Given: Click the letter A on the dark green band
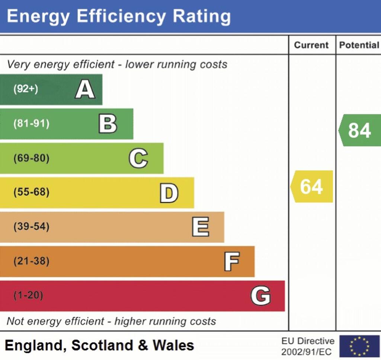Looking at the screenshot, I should tap(85, 90).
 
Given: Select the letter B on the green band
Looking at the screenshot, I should tap(108, 124).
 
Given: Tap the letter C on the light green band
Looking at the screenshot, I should tap(138, 158).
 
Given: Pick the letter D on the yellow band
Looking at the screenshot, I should tap(169, 193).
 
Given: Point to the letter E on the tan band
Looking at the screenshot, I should tap(200, 227).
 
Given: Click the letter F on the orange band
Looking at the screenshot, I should tap(231, 261).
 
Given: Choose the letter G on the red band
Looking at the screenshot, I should tap(260, 296).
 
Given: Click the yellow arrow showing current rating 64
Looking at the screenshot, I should tap(312, 187).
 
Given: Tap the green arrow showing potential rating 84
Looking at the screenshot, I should tap(359, 130).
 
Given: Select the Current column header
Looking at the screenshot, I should tap(311, 45).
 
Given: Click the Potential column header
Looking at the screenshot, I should tap(359, 45).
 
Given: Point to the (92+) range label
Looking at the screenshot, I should tap(26, 89).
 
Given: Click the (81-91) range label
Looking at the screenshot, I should tap(31, 124).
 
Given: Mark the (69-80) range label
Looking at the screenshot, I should tap(31, 158).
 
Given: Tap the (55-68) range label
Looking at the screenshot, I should tap(31, 193).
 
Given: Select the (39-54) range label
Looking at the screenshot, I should tap(31, 227).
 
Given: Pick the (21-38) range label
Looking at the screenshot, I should tap(31, 261).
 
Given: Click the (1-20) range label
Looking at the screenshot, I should tap(28, 296).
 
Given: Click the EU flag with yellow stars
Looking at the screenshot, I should tap(359, 346).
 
